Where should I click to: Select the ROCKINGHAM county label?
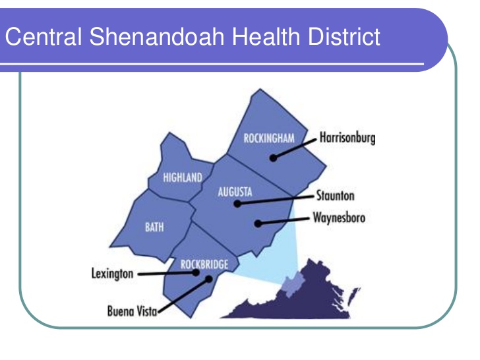click(268, 138)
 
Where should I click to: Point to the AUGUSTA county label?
click(235, 193)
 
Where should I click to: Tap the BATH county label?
click(154, 227)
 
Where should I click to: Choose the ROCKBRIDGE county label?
click(204, 264)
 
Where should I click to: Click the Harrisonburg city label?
click(347, 138)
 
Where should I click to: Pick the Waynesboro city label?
click(340, 217)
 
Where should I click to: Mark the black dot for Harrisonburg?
click(272, 158)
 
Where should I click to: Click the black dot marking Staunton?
click(237, 204)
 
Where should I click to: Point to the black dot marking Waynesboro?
click(257, 224)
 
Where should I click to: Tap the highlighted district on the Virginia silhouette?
click(291, 284)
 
